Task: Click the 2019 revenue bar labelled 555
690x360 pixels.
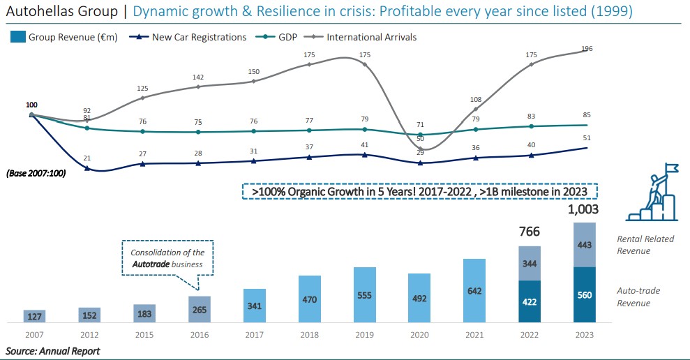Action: click(x=365, y=295)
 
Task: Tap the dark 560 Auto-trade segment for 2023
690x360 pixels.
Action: click(x=585, y=295)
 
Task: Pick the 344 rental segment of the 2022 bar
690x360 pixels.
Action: click(x=529, y=264)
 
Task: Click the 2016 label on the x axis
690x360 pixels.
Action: click(x=199, y=335)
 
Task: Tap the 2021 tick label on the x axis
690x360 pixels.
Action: click(x=474, y=335)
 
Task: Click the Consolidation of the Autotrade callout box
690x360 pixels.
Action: click(x=167, y=258)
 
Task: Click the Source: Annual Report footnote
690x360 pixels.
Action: click(x=53, y=351)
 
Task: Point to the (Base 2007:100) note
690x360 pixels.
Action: click(x=37, y=173)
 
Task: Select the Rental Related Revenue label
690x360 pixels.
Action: click(x=645, y=245)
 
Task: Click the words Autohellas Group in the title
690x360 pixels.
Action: click(x=58, y=12)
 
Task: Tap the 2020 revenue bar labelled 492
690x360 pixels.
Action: click(x=420, y=298)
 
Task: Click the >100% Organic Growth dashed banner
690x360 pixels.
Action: click(x=420, y=191)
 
